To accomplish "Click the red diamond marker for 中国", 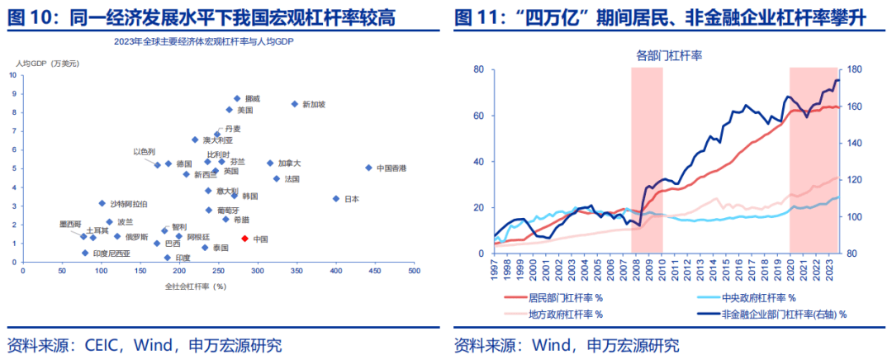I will [244, 239].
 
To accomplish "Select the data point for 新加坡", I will [294, 103].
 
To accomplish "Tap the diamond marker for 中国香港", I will [368, 168].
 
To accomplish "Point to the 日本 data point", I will [336, 198].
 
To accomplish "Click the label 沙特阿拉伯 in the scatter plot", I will [129, 203].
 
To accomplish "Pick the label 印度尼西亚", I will [111, 253].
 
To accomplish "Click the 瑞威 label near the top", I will [253, 98].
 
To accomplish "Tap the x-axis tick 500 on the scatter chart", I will [413, 271].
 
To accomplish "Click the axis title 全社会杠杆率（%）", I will [196, 286].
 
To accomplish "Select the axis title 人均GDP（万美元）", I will [46, 64].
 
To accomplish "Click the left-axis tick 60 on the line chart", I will [477, 116].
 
